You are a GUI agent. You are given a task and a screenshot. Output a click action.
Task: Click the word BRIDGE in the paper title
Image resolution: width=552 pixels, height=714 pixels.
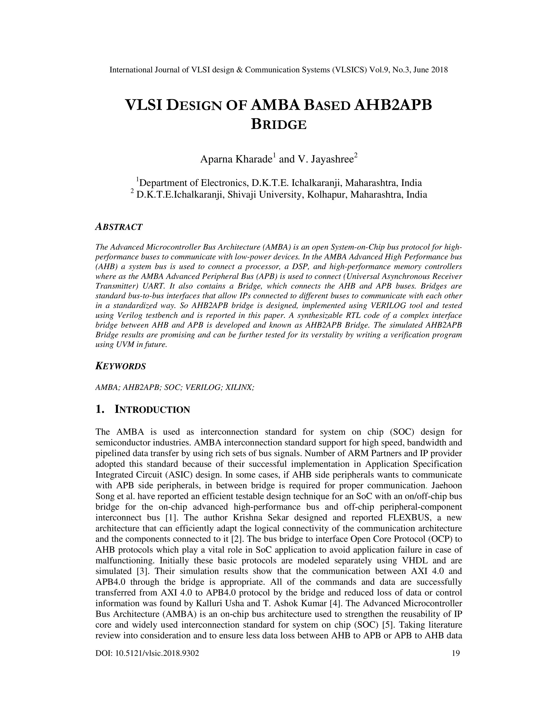pos(279,124)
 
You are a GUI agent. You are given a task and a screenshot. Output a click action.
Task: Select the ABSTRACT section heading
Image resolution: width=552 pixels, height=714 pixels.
pos(119,227)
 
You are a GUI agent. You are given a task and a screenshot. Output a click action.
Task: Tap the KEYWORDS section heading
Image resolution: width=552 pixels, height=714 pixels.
pos(120,366)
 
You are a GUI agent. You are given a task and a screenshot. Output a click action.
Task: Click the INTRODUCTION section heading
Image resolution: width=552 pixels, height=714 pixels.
pos(152,410)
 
